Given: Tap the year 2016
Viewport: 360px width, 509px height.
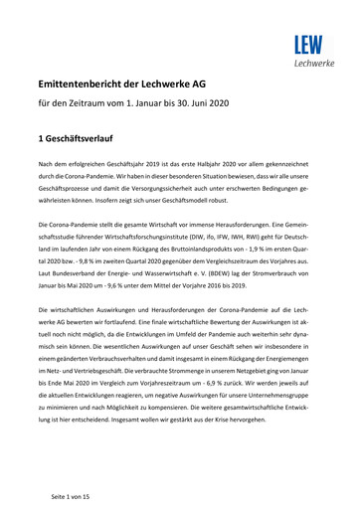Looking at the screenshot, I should [x=252, y=290].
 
